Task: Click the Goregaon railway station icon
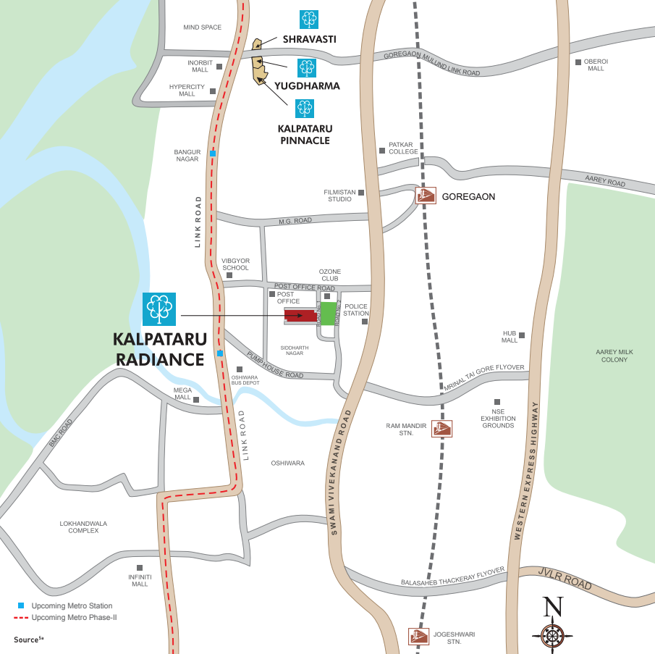[x=426, y=196]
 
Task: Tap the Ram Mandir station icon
[x=441, y=428]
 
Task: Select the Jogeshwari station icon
[x=418, y=637]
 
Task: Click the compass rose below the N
[x=553, y=635]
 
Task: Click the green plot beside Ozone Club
[x=328, y=314]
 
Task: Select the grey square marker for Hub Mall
[x=521, y=335]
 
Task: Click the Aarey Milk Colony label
[x=614, y=356]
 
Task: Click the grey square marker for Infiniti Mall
[x=140, y=568]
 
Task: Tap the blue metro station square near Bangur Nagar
[x=213, y=154]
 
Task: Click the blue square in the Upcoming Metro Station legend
[x=21, y=605]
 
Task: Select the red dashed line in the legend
[x=21, y=618]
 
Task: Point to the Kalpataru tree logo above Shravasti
[x=309, y=20]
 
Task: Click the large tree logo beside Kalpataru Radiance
[x=159, y=309]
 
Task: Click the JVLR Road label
[x=565, y=579]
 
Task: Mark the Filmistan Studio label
[x=339, y=196]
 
